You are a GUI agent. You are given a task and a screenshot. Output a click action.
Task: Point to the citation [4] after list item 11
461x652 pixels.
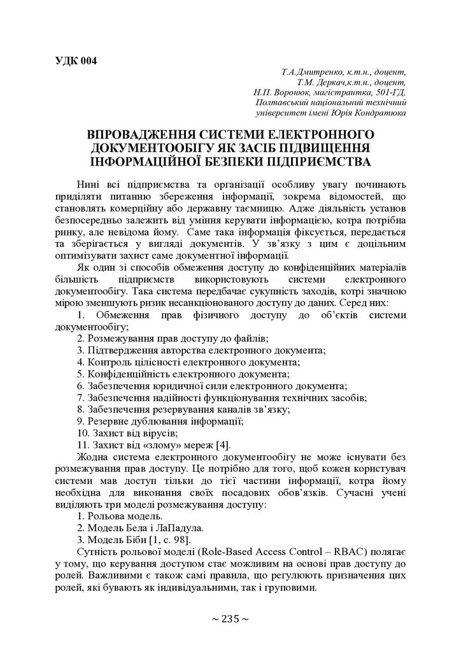coord(223,444)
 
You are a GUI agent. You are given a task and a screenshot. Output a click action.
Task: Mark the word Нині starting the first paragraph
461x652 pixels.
coord(89,184)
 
